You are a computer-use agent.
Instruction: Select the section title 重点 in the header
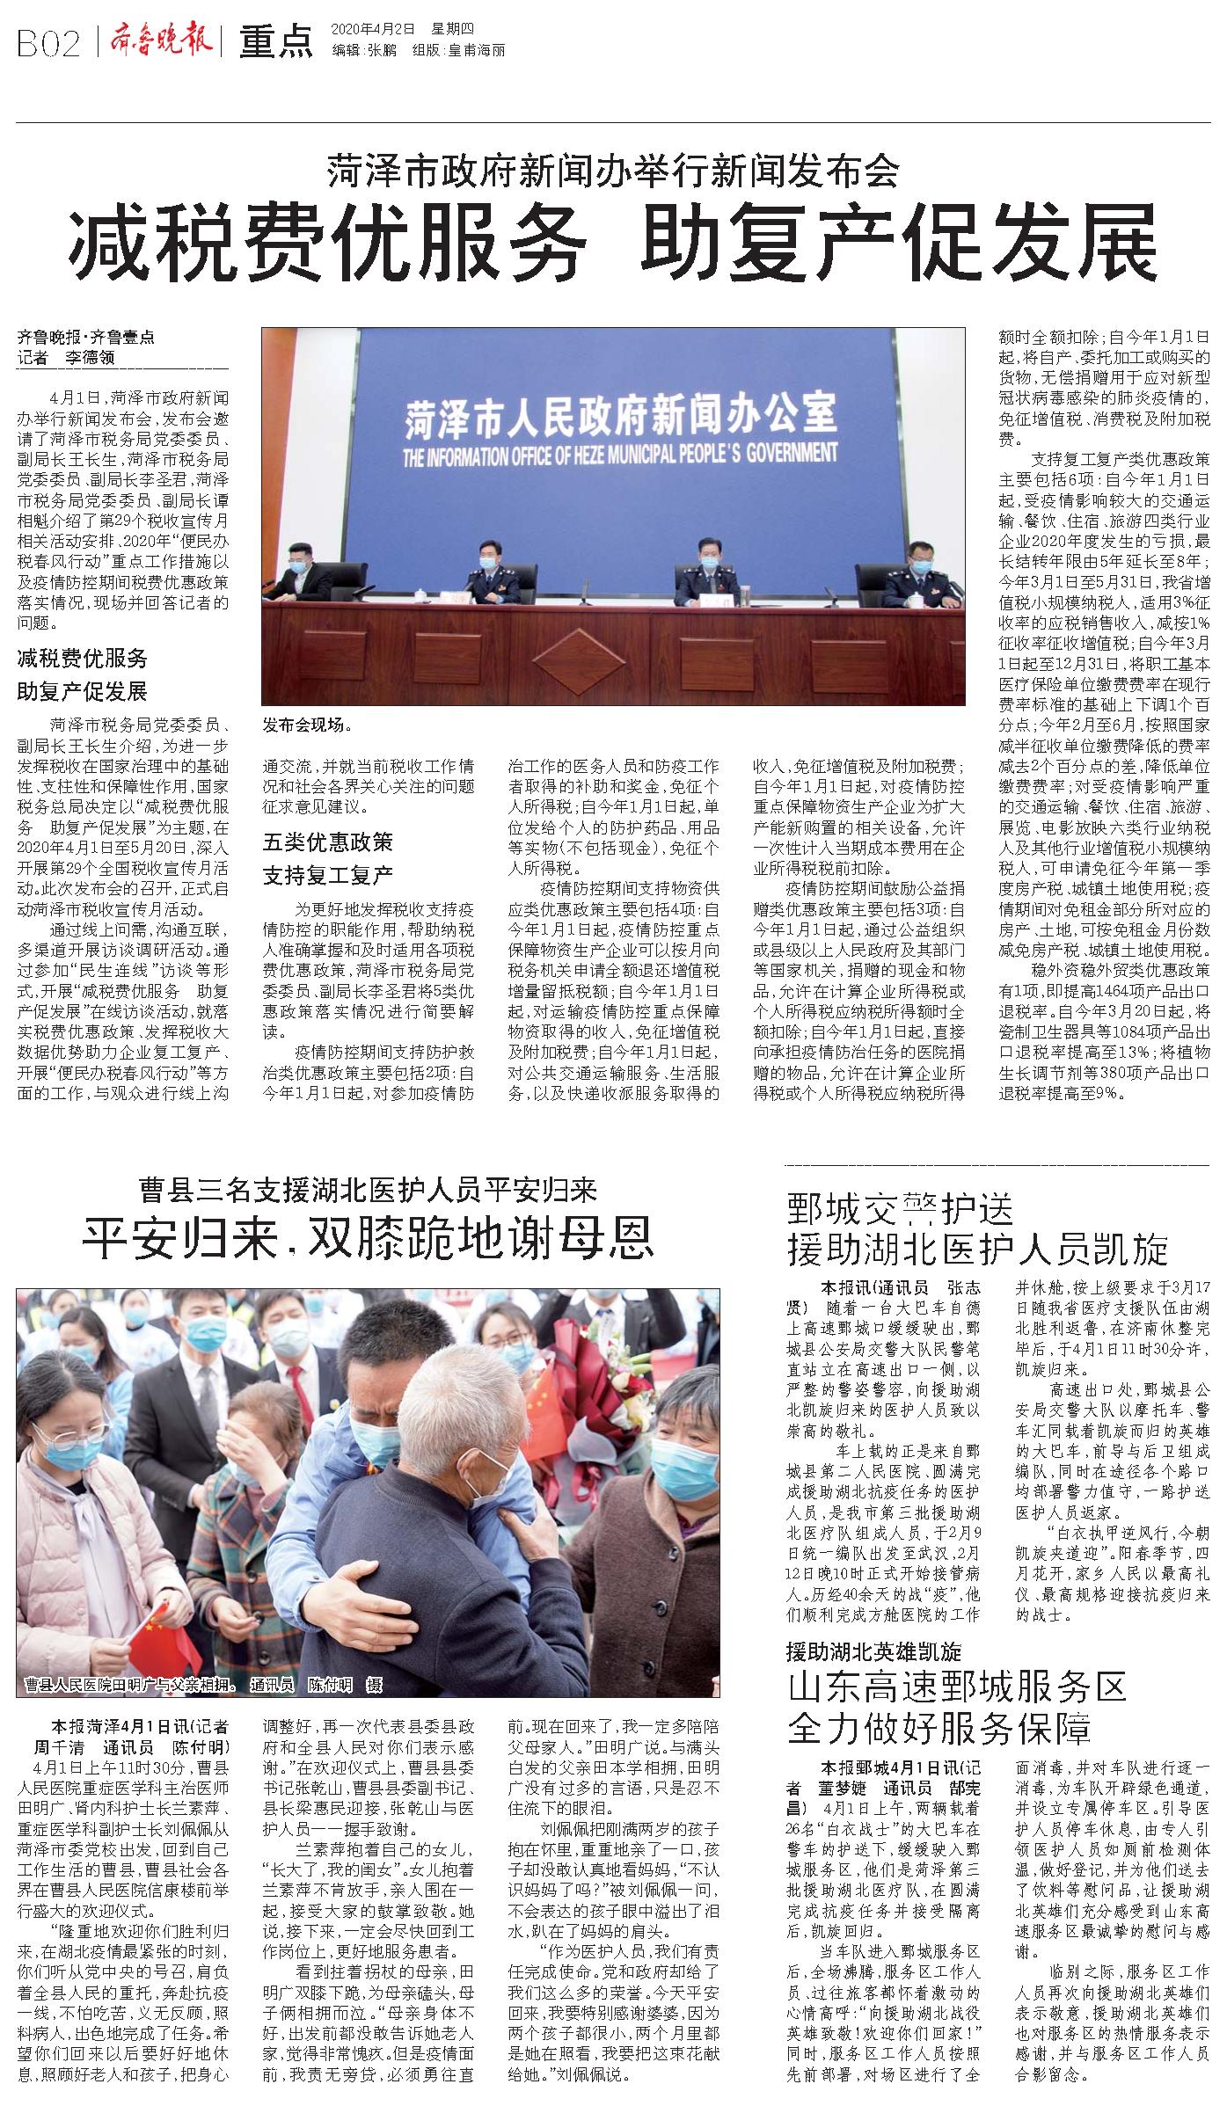click(275, 42)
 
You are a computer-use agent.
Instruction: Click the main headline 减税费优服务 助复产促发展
click(612, 244)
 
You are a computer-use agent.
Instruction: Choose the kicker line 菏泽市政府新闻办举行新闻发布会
click(613, 170)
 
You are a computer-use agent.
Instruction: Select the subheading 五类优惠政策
click(327, 842)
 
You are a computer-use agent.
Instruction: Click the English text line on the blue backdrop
click(620, 455)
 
